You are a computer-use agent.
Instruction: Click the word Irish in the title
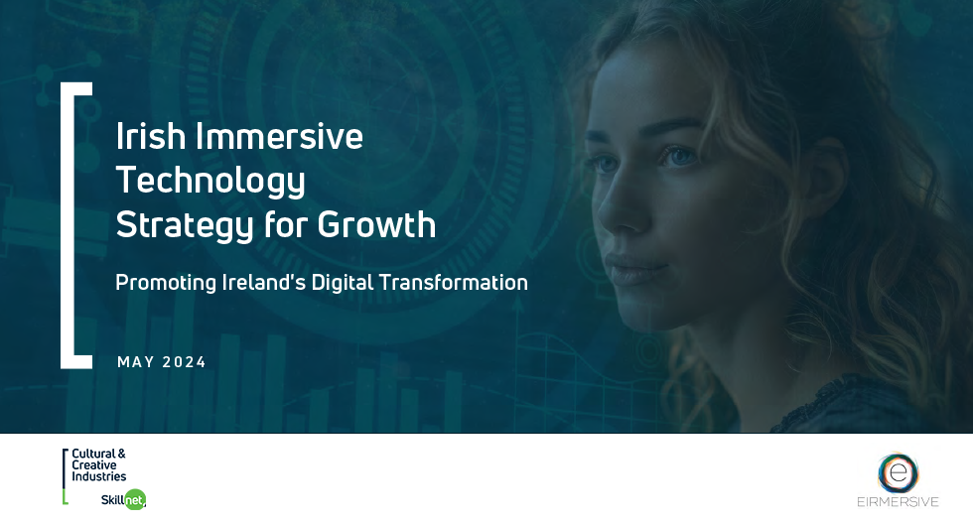[151, 136]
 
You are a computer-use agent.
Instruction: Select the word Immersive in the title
[279, 136]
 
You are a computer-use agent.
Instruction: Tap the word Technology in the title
[210, 181]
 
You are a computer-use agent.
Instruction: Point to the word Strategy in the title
[185, 225]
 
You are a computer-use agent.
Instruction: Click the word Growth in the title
[376, 224]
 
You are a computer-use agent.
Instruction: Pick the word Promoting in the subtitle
[166, 283]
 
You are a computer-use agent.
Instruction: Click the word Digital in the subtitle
[343, 283]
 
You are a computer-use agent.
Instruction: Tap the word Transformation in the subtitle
[454, 282]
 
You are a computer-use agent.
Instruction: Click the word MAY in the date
[136, 362]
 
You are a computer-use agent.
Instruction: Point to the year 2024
[185, 362]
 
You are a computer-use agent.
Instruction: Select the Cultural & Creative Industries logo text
[98, 465]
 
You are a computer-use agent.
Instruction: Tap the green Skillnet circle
[135, 499]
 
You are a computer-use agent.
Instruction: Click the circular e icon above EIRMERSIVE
[898, 473]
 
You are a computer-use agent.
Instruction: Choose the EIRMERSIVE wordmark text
[898, 502]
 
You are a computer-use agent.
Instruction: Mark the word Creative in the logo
[94, 465]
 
